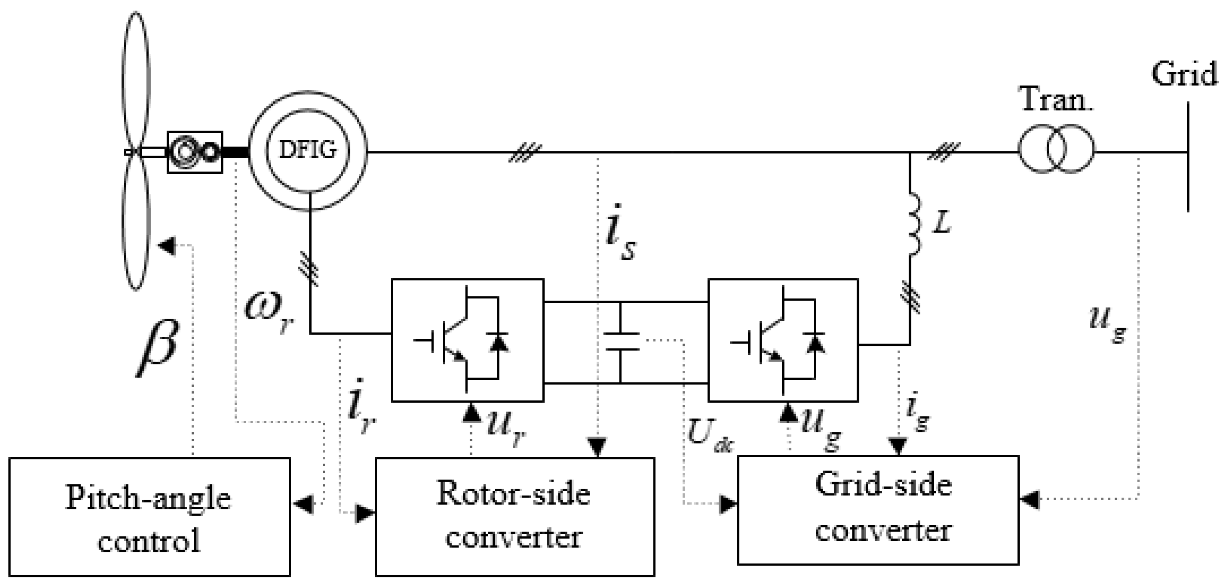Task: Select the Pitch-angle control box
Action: [x=149, y=517]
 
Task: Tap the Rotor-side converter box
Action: [x=515, y=517]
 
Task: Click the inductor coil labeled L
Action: [x=914, y=223]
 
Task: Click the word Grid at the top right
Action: [x=1184, y=75]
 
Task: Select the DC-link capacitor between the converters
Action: [x=621, y=341]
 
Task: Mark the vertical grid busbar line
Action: [x=1188, y=157]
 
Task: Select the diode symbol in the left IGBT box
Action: [x=498, y=343]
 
